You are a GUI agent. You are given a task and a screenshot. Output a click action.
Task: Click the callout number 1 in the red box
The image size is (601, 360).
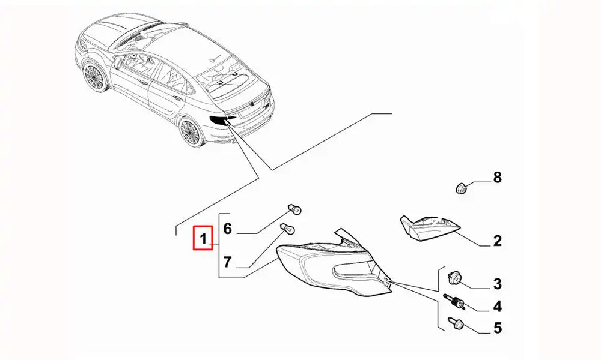pyautogui.click(x=203, y=240)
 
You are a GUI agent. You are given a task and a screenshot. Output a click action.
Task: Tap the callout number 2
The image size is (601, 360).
pyautogui.click(x=497, y=241)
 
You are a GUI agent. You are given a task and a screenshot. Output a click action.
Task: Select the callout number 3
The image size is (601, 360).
pyautogui.click(x=497, y=283)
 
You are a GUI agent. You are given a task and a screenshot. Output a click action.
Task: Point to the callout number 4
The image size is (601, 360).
pyautogui.click(x=497, y=307)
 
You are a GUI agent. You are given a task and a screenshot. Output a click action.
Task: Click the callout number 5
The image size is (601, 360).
pyautogui.click(x=497, y=328)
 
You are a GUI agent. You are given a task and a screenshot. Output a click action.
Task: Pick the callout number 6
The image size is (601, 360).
pyautogui.click(x=227, y=229)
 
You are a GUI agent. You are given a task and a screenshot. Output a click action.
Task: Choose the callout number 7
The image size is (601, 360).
pyautogui.click(x=227, y=262)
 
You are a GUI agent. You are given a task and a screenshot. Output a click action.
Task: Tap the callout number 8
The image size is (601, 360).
pyautogui.click(x=497, y=177)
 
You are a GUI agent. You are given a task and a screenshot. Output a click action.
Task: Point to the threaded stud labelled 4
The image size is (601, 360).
pyautogui.click(x=454, y=302)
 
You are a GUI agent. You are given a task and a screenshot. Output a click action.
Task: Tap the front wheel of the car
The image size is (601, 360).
pyautogui.click(x=94, y=77)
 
